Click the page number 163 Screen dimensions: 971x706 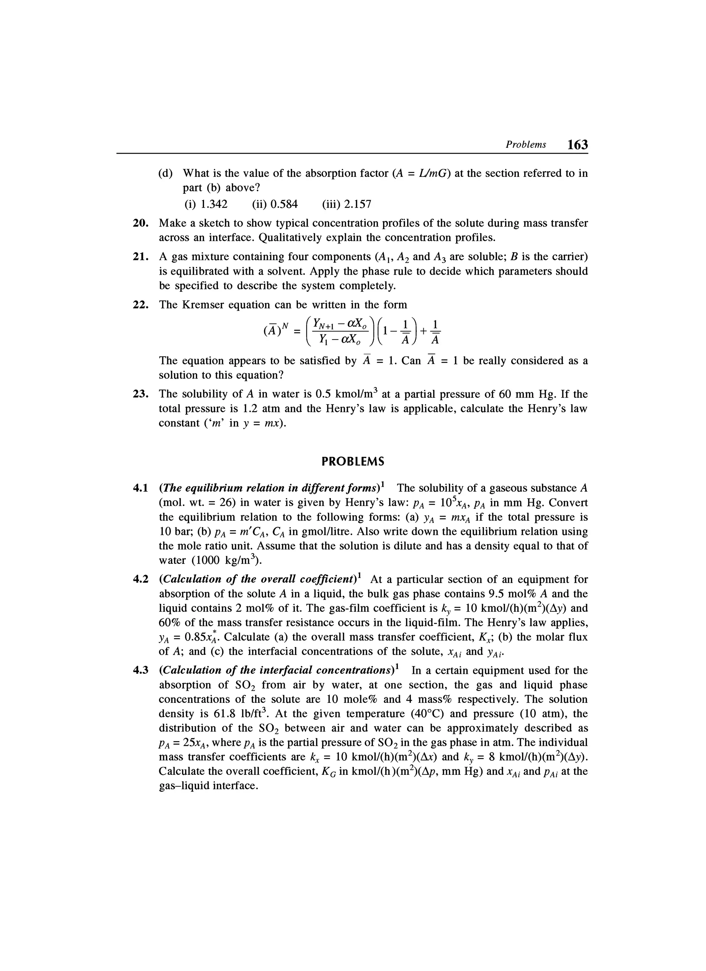577,145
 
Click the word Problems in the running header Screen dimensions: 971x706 526,145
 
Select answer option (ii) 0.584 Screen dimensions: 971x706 275,204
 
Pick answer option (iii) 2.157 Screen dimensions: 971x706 346,204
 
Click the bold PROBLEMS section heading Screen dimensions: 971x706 353,462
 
